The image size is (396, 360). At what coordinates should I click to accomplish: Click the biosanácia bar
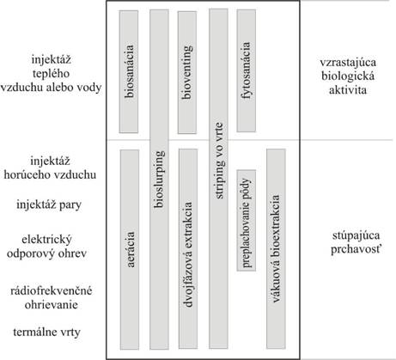point(129,72)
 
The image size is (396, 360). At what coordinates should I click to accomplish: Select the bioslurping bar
point(159,180)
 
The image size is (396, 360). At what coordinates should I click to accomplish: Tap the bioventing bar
point(187,72)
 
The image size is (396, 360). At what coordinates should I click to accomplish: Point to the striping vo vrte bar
point(218,179)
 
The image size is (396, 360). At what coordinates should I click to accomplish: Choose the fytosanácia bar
point(247,70)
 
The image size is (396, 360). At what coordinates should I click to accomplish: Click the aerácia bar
point(130,249)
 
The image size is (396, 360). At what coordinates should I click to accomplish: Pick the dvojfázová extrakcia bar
point(188,248)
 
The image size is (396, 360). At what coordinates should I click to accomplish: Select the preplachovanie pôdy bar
point(247,220)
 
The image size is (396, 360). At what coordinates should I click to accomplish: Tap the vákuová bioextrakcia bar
point(276,248)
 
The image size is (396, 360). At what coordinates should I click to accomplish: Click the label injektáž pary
point(49,205)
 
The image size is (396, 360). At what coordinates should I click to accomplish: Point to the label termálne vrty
point(46,333)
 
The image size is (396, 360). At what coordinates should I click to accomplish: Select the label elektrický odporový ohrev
point(46,247)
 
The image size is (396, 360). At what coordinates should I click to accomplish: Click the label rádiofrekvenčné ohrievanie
point(52,297)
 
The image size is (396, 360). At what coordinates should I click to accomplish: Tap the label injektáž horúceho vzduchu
point(50,168)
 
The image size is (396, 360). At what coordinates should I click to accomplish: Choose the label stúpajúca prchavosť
point(356,242)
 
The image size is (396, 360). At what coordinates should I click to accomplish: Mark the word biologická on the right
point(348,76)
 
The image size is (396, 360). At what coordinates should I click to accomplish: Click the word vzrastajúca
point(348,63)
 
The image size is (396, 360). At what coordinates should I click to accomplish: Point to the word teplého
point(51,74)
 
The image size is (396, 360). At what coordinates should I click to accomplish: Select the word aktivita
point(348,90)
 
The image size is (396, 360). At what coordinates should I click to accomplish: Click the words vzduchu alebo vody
point(51,88)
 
